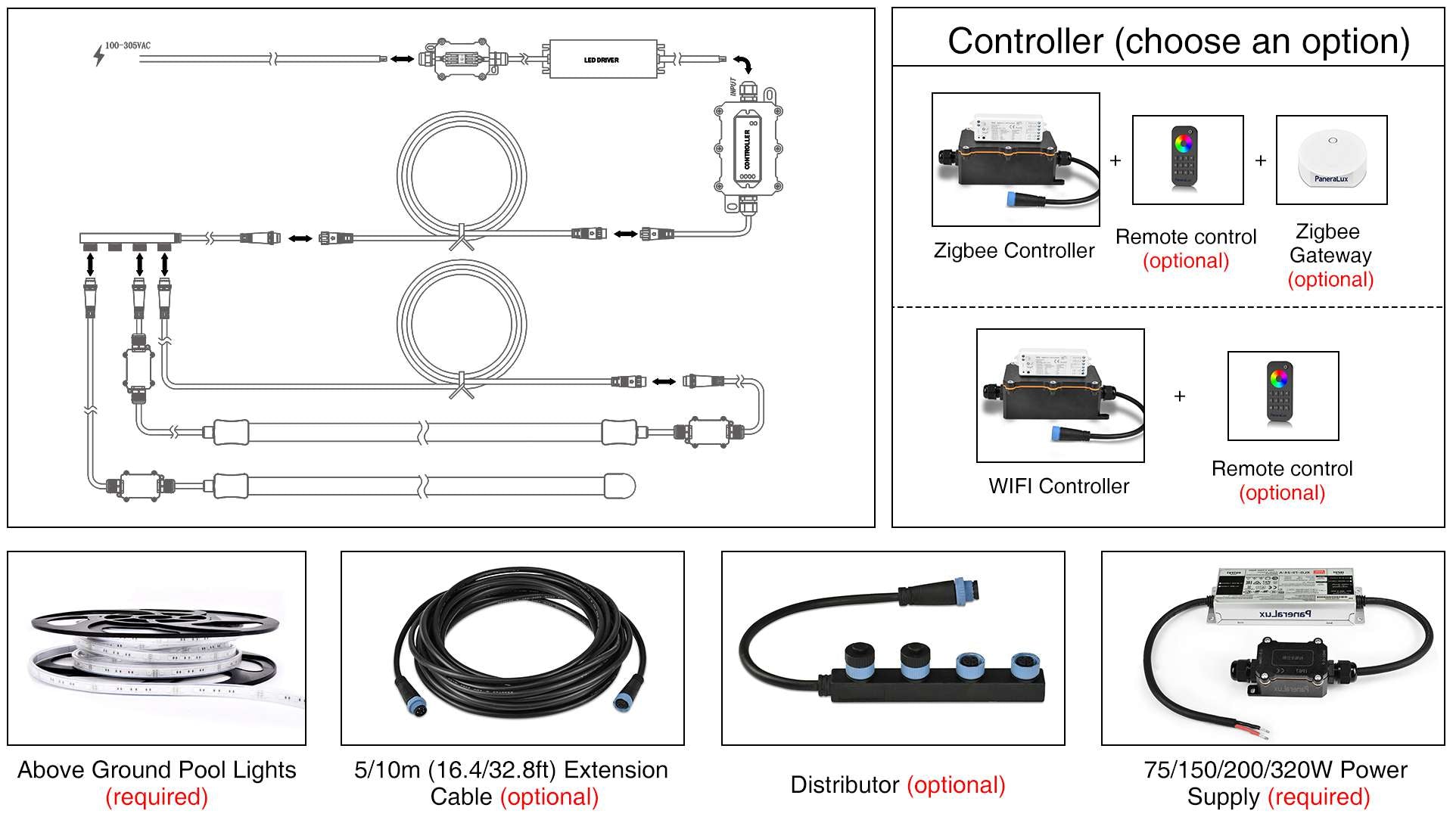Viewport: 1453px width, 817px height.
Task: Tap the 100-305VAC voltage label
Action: point(127,45)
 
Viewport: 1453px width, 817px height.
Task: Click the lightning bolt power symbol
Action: point(98,55)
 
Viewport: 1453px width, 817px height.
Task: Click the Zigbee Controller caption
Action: point(1013,250)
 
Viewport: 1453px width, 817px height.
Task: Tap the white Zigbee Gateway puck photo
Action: point(1331,159)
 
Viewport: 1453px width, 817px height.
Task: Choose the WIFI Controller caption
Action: point(1058,486)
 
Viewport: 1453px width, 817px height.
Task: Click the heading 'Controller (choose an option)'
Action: point(1178,41)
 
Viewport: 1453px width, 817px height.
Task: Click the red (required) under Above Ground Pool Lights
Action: point(157,797)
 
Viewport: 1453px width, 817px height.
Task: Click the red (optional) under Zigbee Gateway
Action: point(1330,280)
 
